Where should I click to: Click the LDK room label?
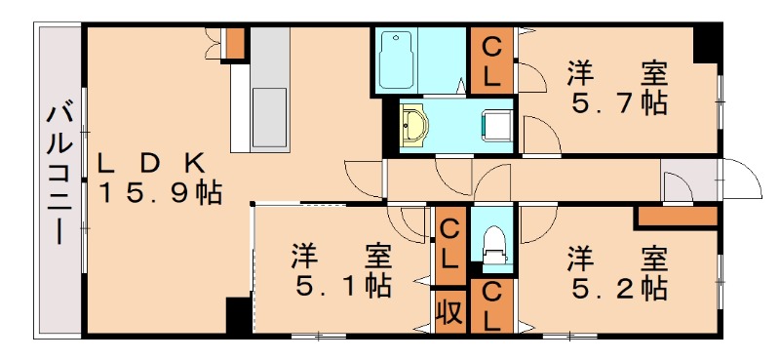pyautogui.click(x=150, y=162)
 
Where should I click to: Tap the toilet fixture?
pyautogui.click(x=492, y=244)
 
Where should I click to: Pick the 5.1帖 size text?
pyautogui.click(x=343, y=287)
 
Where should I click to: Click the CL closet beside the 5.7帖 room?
pyautogui.click(x=491, y=60)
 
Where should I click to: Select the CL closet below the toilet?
pyautogui.click(x=492, y=305)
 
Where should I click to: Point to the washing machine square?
pyautogui.click(x=497, y=124)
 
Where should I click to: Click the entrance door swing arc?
pyautogui.click(x=741, y=180)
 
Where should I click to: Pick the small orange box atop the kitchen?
pyautogui.click(x=234, y=43)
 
